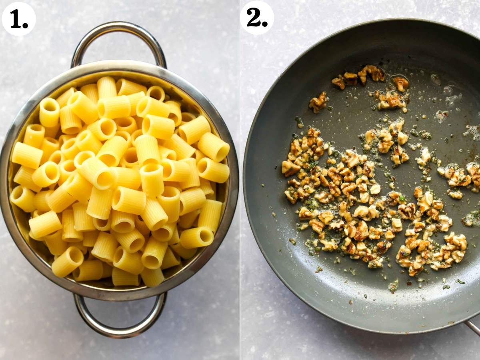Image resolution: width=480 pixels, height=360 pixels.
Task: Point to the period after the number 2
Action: [265, 25]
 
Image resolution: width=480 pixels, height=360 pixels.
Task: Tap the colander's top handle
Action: [119, 28]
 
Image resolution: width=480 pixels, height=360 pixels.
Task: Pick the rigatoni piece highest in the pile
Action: [107, 86]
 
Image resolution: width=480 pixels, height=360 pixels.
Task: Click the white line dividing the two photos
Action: [240, 180]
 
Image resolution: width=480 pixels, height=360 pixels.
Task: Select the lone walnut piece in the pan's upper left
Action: [318, 102]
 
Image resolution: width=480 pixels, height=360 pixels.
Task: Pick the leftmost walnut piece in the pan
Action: [289, 168]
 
